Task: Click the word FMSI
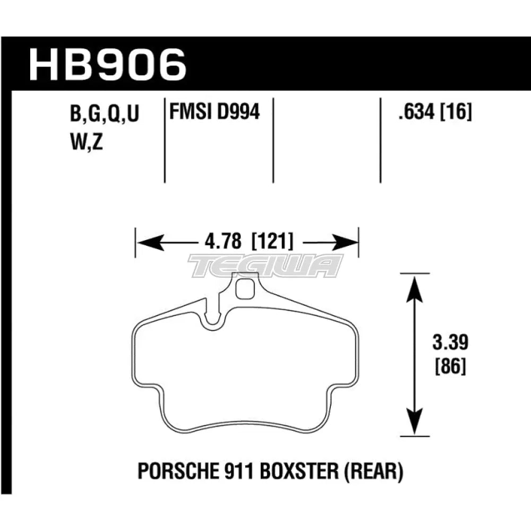point(186,112)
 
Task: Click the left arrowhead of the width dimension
point(145,243)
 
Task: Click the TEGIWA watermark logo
point(265,265)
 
